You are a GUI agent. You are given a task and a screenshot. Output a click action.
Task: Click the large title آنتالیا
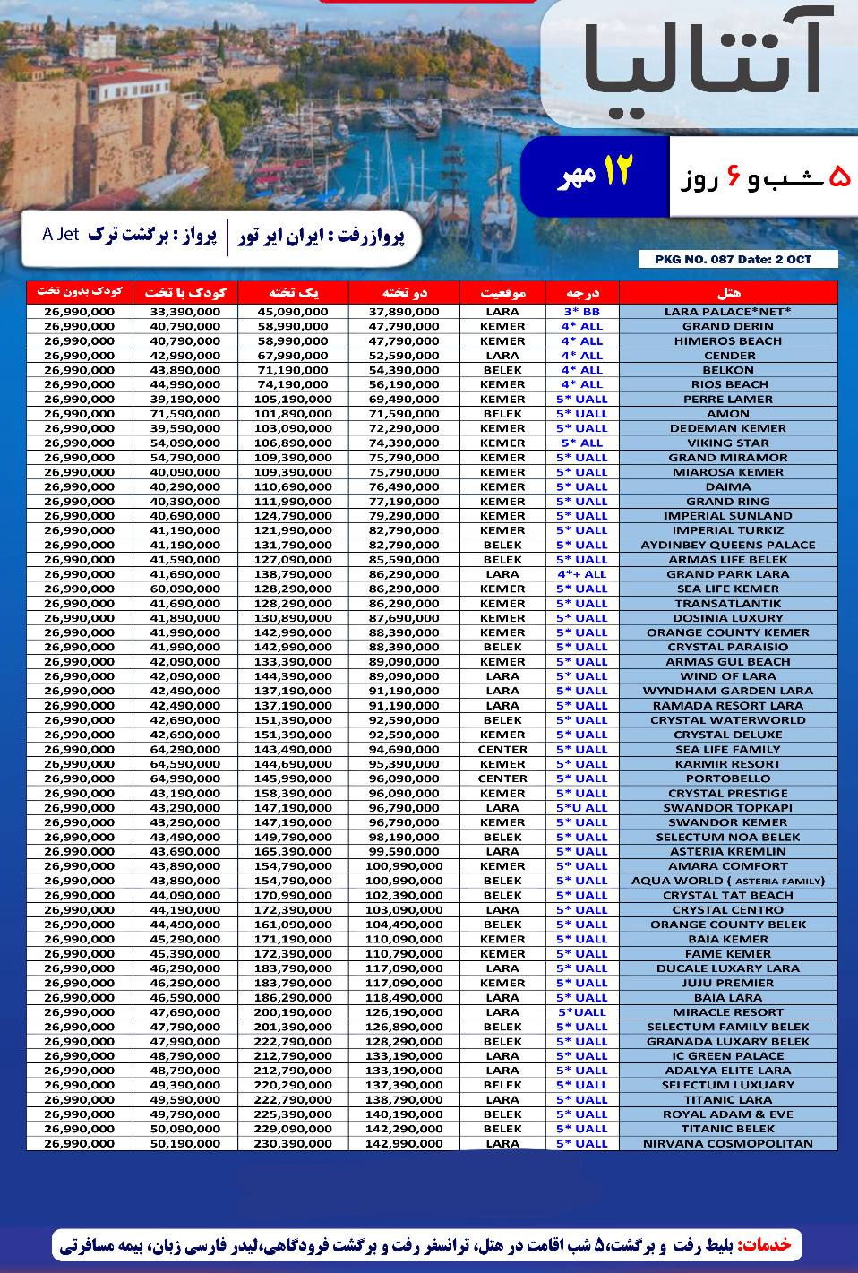pyautogui.click(x=701, y=61)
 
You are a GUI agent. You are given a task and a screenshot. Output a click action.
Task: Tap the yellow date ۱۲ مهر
pyautogui.click(x=596, y=172)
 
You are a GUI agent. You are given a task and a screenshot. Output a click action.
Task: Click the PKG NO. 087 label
pyautogui.click(x=738, y=260)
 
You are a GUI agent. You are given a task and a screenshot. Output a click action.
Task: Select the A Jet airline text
pyautogui.click(x=60, y=235)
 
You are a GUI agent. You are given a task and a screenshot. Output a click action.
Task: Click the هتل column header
pyautogui.click(x=728, y=292)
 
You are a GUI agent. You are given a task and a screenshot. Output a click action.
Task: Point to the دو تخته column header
pyautogui.click(x=404, y=292)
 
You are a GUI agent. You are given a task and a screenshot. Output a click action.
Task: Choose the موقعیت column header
pyautogui.click(x=502, y=292)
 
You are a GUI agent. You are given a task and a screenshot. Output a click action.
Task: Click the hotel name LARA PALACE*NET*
pyautogui.click(x=728, y=312)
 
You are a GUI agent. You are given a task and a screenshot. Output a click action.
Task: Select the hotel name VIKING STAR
pyautogui.click(x=728, y=443)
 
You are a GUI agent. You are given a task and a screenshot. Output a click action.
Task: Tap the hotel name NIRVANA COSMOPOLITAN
pyautogui.click(x=728, y=1143)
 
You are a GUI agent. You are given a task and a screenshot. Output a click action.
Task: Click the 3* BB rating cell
pyautogui.click(x=582, y=312)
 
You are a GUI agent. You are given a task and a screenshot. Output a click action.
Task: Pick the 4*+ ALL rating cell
pyautogui.click(x=582, y=574)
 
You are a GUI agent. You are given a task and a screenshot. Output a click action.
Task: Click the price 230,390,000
pyautogui.click(x=293, y=1143)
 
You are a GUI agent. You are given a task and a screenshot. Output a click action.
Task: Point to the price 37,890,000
pyautogui.click(x=404, y=312)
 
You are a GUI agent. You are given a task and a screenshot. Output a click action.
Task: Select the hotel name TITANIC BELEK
pyautogui.click(x=728, y=1129)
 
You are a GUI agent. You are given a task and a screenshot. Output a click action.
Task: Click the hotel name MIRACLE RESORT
pyautogui.click(x=728, y=1012)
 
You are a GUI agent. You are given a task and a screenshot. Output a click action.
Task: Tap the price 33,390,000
pyautogui.click(x=185, y=312)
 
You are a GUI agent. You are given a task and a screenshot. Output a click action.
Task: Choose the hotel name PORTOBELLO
pyautogui.click(x=728, y=778)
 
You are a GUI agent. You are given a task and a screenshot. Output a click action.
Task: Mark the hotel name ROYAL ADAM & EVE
pyautogui.click(x=728, y=1114)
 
